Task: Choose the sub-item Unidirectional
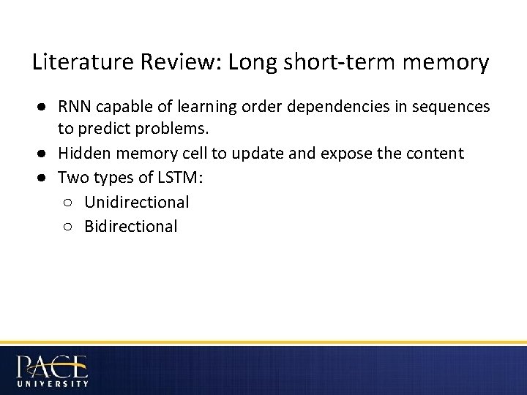tap(137, 203)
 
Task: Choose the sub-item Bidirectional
tap(131, 226)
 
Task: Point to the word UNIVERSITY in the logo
tap(52, 383)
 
